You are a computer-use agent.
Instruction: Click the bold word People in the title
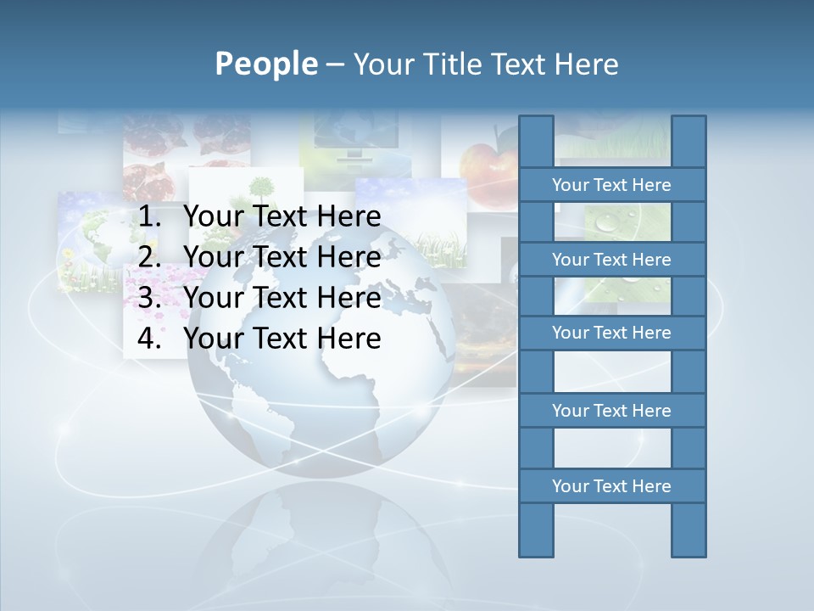point(266,64)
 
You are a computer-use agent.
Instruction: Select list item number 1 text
point(282,217)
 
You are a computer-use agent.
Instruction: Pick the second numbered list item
point(282,257)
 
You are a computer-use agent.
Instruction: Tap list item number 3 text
point(282,298)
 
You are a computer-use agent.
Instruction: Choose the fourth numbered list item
point(282,339)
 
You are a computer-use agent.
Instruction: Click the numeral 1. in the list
point(148,217)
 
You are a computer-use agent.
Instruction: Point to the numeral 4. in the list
point(148,339)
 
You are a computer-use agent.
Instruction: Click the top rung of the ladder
point(611,185)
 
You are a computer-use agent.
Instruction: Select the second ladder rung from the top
point(611,260)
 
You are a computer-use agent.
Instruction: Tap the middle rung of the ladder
point(611,333)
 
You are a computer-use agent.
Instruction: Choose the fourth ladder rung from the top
point(611,411)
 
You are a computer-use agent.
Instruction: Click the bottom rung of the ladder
point(611,486)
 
